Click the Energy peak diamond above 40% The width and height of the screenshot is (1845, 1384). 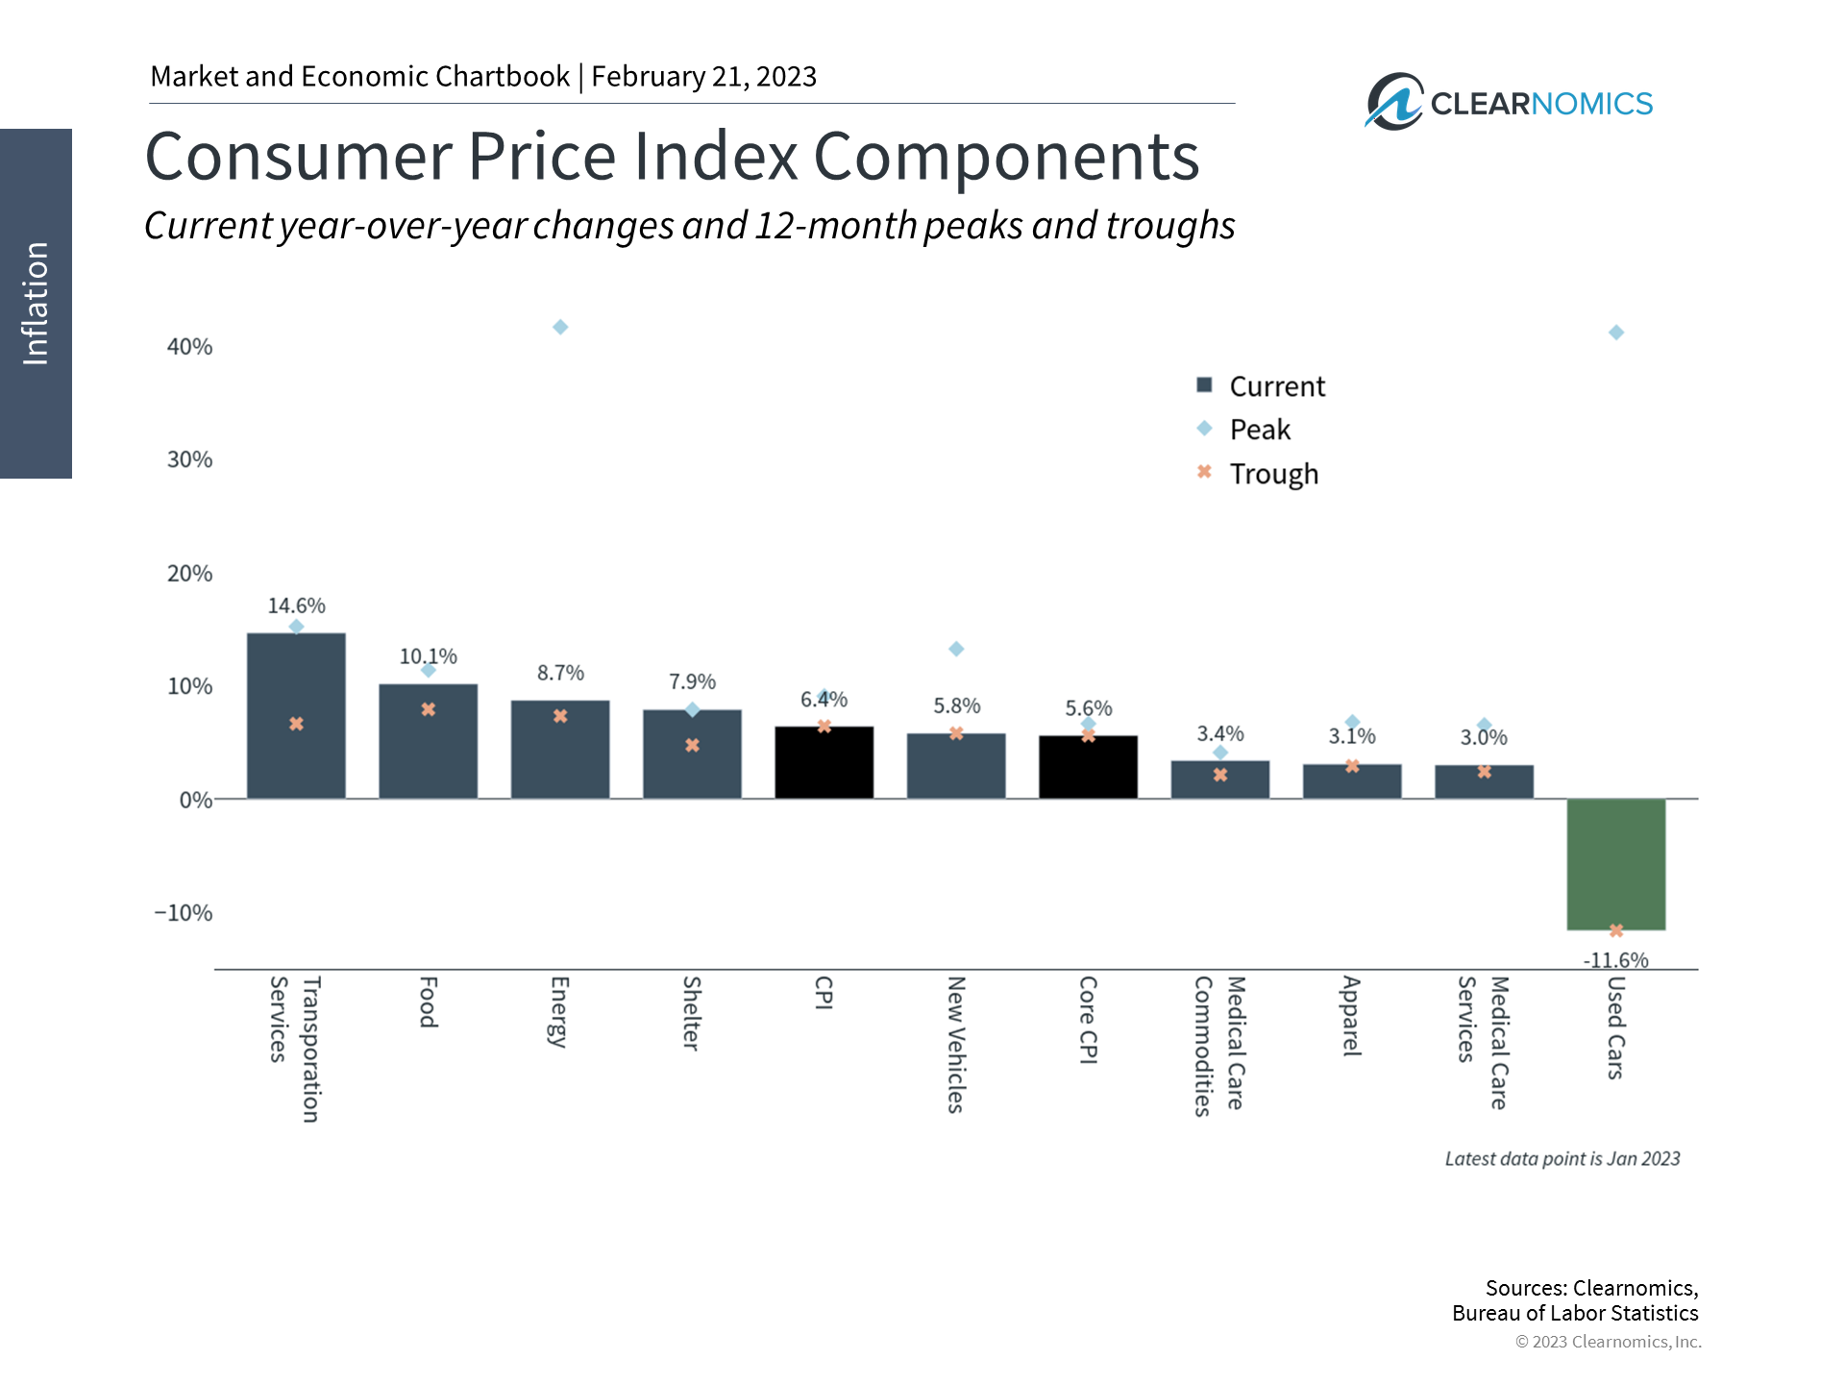[560, 328]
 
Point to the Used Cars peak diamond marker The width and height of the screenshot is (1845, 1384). [1616, 333]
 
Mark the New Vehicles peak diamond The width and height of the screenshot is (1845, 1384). [956, 649]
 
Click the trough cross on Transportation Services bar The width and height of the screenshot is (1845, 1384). [296, 724]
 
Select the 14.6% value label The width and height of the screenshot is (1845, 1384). [296, 605]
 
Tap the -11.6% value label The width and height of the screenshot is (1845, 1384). [1615, 960]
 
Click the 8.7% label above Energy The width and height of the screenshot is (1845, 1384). [560, 673]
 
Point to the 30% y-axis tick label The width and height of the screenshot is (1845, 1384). [189, 459]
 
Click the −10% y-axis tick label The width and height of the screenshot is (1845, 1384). [184, 913]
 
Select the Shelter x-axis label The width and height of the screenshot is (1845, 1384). [691, 1013]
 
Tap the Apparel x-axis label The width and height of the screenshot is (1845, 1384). [1351, 1016]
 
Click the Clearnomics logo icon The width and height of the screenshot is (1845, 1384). [1393, 102]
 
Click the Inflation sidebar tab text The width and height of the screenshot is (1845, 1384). [36, 303]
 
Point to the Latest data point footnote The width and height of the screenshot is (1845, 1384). [1562, 1159]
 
